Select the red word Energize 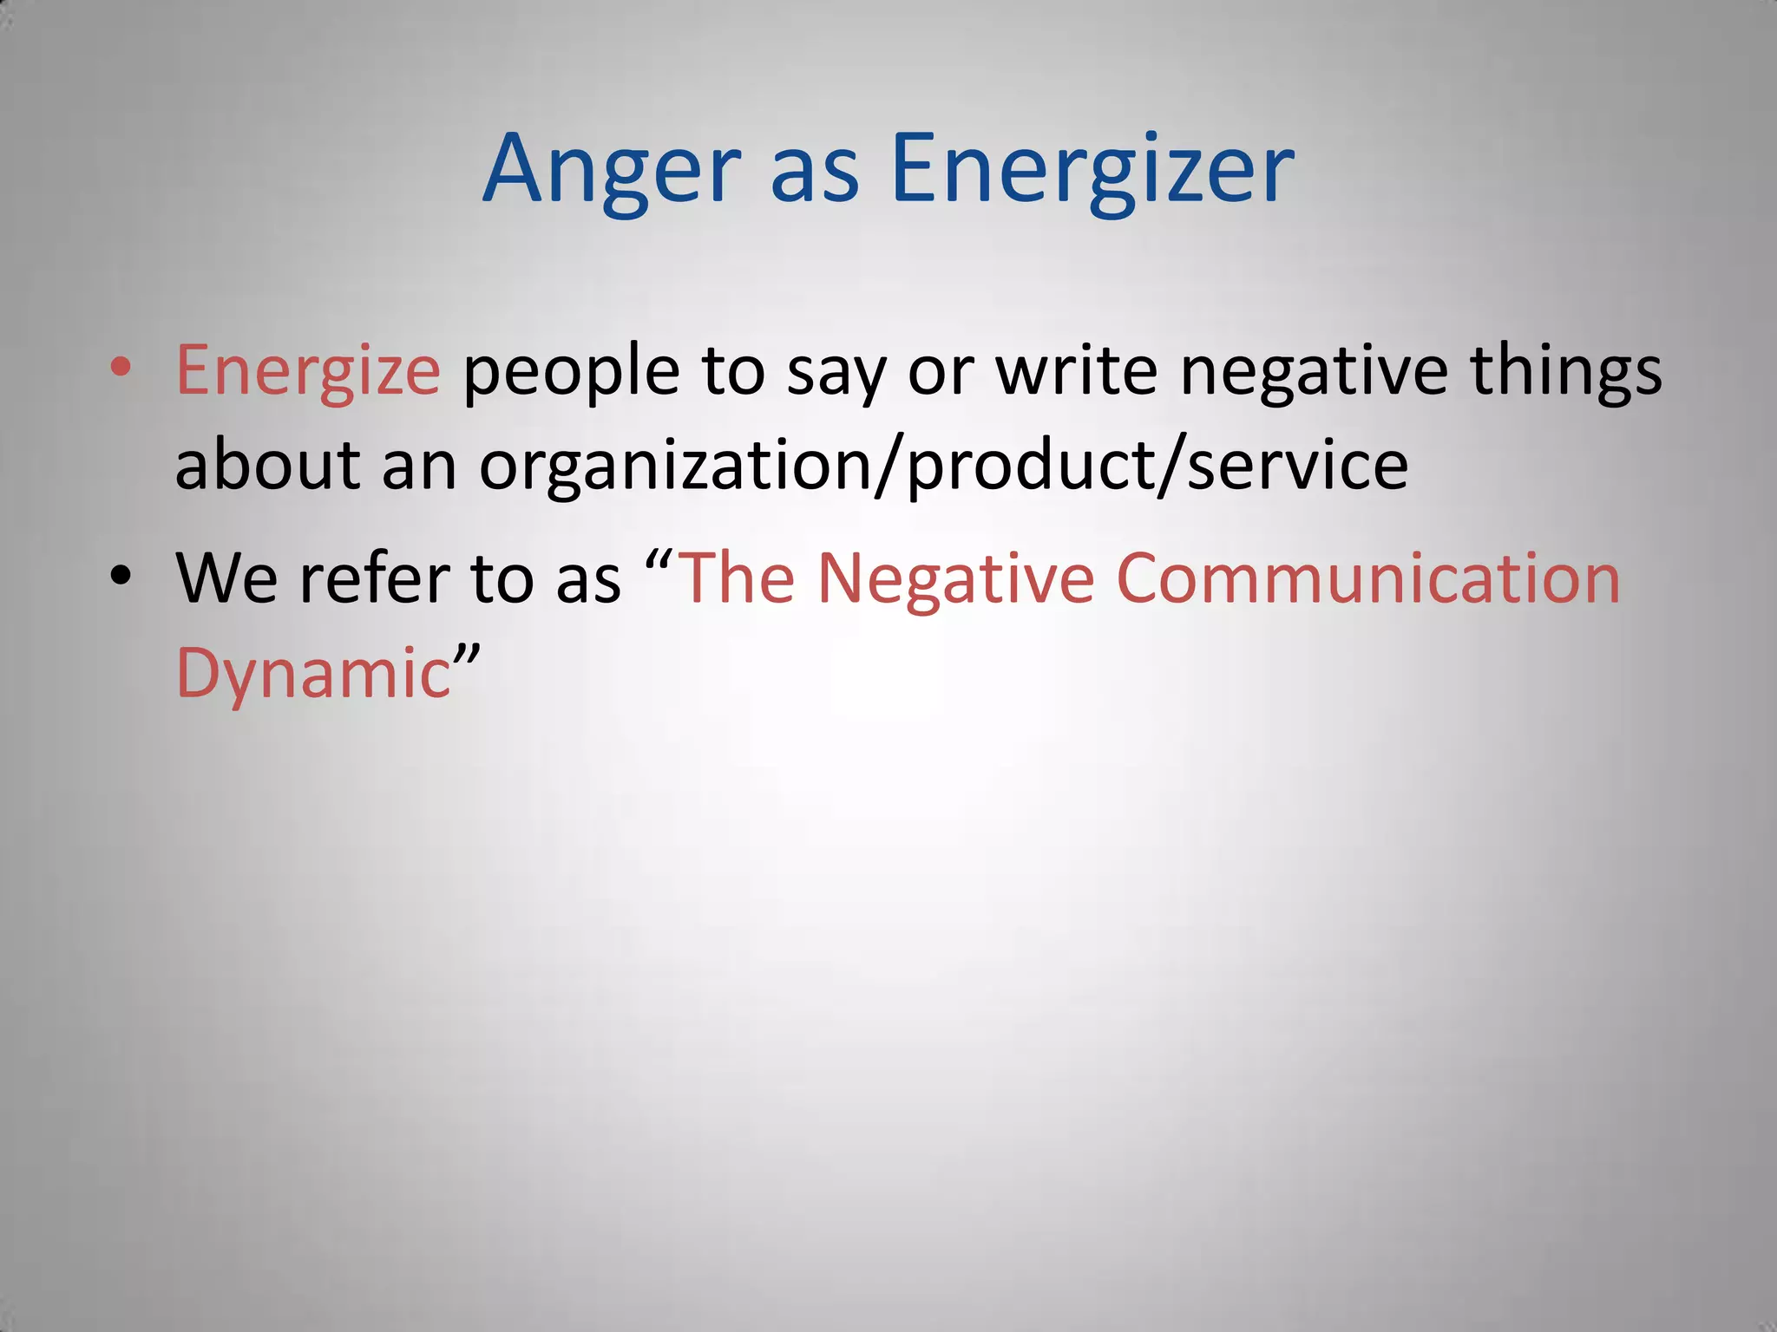[x=308, y=371]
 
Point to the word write [x=1077, y=371]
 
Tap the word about [x=267, y=465]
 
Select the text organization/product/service [x=943, y=467]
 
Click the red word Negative [x=955, y=578]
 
